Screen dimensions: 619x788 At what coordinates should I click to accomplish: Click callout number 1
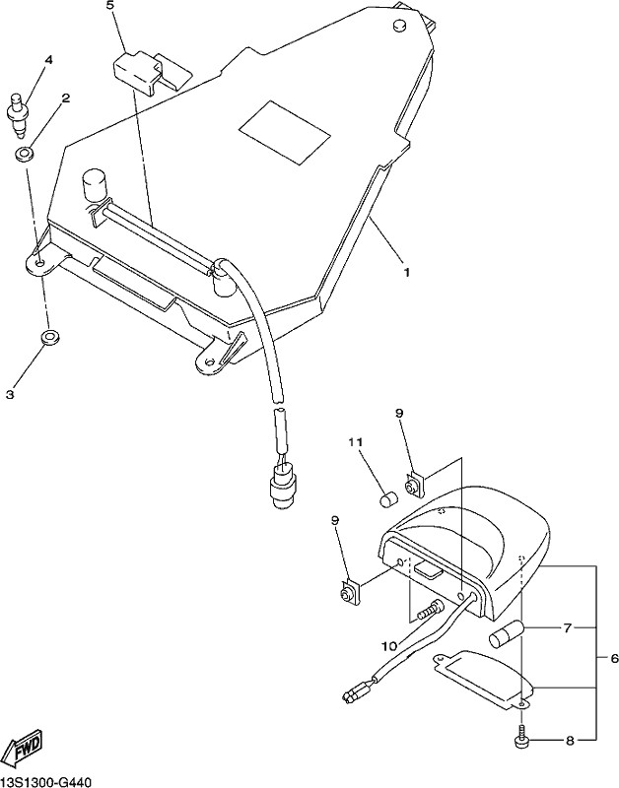point(406,272)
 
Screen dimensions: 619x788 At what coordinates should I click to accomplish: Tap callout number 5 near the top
point(110,7)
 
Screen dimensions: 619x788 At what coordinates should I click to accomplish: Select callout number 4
point(48,60)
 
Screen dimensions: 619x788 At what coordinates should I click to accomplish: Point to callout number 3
point(10,395)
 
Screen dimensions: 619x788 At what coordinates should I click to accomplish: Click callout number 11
point(356,442)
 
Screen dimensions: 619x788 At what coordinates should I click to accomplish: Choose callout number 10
point(389,646)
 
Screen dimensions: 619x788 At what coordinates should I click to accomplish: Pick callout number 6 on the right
point(600,658)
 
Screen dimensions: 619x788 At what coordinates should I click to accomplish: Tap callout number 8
point(570,741)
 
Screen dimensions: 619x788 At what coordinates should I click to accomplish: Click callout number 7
point(568,628)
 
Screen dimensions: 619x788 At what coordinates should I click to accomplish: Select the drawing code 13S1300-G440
point(45,781)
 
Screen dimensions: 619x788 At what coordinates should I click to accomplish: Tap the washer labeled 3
point(48,337)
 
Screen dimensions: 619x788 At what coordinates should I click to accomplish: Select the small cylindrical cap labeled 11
point(387,499)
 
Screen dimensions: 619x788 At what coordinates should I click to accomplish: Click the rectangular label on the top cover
point(285,132)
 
